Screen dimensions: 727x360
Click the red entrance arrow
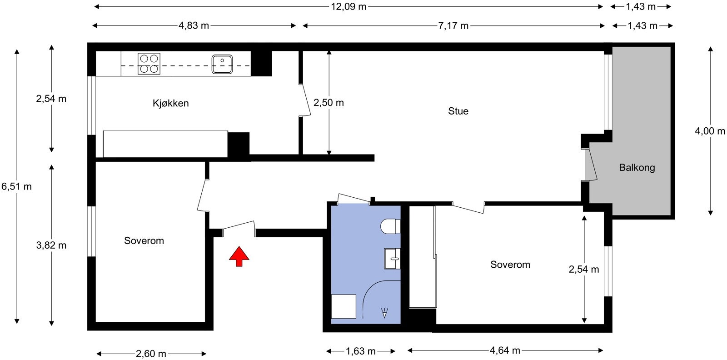click(x=239, y=256)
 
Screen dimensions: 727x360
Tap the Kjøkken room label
click(x=171, y=103)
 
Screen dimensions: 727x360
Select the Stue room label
click(x=458, y=111)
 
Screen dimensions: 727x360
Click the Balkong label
click(x=637, y=168)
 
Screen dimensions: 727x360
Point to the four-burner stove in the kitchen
click(x=149, y=64)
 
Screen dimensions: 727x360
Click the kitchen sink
click(x=222, y=64)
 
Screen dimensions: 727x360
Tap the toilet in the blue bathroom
click(x=390, y=226)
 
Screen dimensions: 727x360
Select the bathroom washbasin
click(x=393, y=259)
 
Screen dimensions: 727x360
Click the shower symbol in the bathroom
click(x=384, y=313)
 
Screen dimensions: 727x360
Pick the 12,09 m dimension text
click(x=349, y=6)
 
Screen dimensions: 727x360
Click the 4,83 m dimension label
click(x=194, y=25)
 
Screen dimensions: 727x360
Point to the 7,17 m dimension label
click(x=453, y=25)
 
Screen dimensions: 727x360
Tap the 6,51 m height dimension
click(x=16, y=186)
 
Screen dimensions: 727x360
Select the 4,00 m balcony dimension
click(x=710, y=131)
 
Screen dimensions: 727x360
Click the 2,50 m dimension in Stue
click(x=329, y=103)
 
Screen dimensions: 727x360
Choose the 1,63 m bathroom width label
click(x=361, y=351)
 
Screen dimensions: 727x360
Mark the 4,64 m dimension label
click(x=505, y=350)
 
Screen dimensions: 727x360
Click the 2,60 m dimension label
click(x=151, y=354)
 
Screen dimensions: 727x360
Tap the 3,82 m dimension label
click(x=51, y=245)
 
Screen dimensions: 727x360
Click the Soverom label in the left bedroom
click(x=144, y=240)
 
